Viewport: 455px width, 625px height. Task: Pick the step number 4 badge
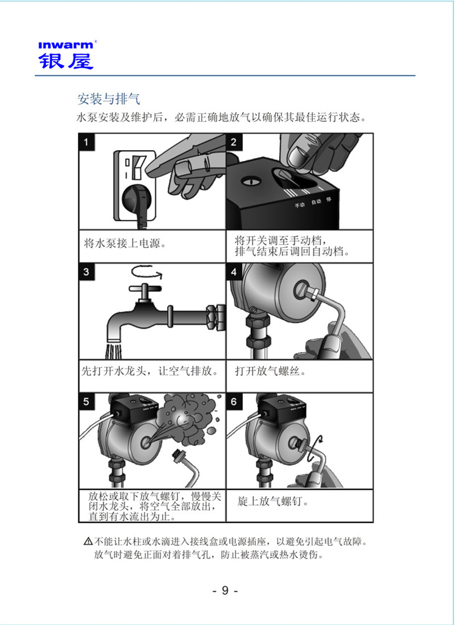click(234, 271)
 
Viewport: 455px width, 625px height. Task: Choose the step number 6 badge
click(234, 402)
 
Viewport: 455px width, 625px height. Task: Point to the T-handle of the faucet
click(147, 289)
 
